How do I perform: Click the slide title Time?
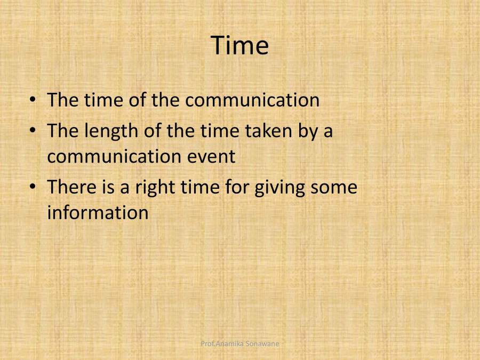tap(240, 45)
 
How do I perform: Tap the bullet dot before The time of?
tap(34, 100)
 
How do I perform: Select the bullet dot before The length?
tap(34, 130)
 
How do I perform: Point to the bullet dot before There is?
tap(34, 187)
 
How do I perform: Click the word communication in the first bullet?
tap(252, 100)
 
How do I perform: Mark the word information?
tap(98, 213)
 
